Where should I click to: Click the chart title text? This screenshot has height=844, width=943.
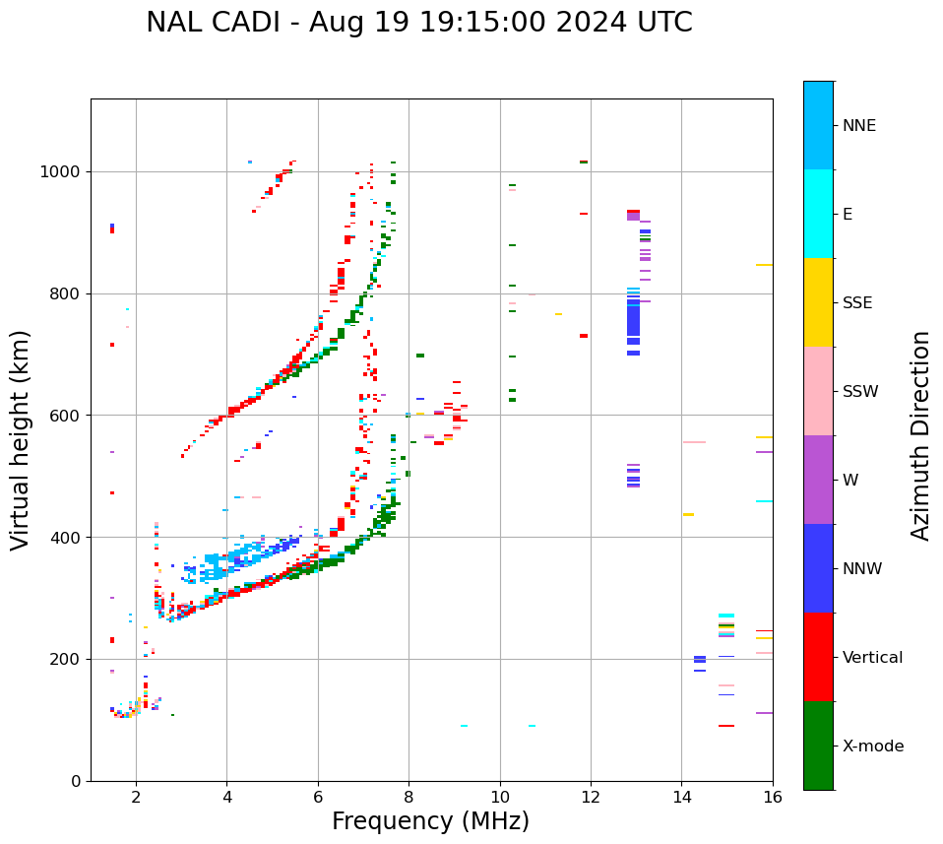(x=419, y=23)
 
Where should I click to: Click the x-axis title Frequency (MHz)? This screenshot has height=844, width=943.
(x=430, y=821)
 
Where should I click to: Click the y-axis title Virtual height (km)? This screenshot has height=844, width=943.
(x=21, y=440)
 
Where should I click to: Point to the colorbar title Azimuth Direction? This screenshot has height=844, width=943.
(x=920, y=435)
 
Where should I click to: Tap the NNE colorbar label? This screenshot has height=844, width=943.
(x=858, y=126)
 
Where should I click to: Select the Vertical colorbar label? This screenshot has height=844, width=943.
(x=872, y=658)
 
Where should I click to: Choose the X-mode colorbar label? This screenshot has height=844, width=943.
(x=872, y=747)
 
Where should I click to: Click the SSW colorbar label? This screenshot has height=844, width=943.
(x=860, y=392)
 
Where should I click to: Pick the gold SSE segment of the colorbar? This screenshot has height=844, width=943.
(x=818, y=302)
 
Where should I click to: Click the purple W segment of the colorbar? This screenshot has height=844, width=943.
(x=818, y=480)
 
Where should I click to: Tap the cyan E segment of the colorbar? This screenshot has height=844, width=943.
(x=818, y=214)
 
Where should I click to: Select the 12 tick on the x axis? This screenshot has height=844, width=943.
(x=591, y=797)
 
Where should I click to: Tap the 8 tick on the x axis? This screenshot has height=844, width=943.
(x=409, y=797)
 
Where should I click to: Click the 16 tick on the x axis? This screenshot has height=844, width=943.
(x=773, y=797)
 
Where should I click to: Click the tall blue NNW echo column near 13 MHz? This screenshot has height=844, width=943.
(x=633, y=320)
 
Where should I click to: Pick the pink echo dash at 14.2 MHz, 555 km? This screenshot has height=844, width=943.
(x=694, y=442)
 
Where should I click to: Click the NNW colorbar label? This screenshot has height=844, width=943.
(x=862, y=569)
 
